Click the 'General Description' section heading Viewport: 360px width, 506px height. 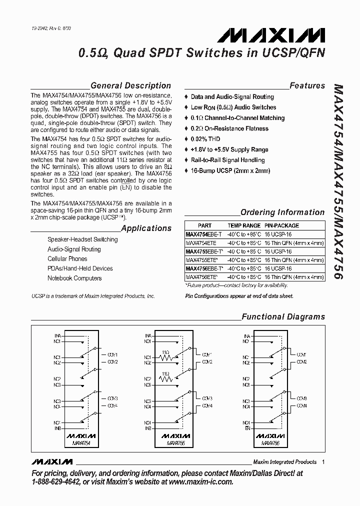pos(130,85)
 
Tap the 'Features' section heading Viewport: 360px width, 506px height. pos(307,85)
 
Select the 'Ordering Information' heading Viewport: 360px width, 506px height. pos(282,212)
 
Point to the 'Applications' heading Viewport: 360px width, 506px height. pos(146,228)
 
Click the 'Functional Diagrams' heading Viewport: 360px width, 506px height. pos(283,316)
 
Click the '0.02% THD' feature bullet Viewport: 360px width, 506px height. pos(205,139)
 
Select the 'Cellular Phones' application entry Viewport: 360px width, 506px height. pos(67,259)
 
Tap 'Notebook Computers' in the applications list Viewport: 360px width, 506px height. pos(74,278)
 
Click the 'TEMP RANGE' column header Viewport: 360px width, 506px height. pos(244,225)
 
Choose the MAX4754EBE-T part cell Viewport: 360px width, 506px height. pos(204,233)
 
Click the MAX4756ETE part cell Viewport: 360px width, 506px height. pos(202,276)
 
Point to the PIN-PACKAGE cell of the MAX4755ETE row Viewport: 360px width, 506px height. pos(294,259)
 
